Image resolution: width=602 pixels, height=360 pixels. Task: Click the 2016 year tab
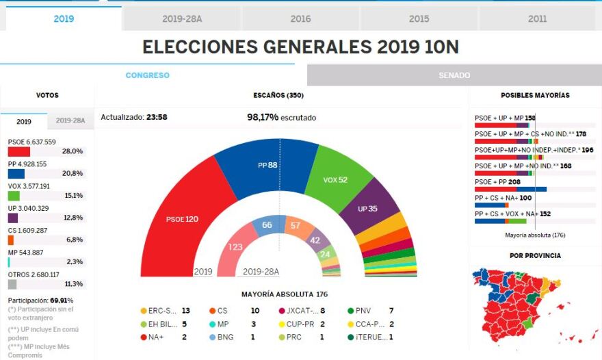pos(301,19)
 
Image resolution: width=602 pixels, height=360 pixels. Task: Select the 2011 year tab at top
pos(538,19)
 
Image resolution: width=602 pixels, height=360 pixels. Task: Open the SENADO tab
pos(454,75)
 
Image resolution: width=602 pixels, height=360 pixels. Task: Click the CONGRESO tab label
pos(147,75)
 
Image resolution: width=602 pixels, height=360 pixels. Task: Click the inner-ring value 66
pos(267,225)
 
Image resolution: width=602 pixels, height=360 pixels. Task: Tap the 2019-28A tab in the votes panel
pos(70,121)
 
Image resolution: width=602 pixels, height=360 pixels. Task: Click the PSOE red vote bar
pos(18,151)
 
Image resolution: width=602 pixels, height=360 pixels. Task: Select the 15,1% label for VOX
pos(74,196)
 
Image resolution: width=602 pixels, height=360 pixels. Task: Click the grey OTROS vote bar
pos(12,284)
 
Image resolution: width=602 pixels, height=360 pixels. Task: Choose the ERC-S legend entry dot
pos(143,311)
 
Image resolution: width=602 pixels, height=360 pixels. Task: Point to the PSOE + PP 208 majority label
pos(497,182)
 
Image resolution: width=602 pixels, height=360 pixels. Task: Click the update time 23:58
pos(157,117)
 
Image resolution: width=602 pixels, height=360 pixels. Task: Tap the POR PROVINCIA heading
pos(535,255)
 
